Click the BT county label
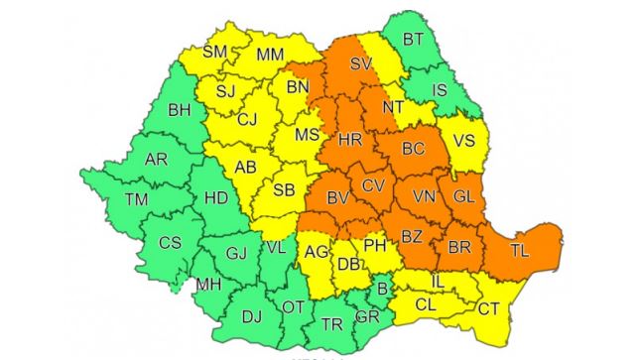[x=414, y=41]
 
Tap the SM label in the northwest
[x=215, y=52]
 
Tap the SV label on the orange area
[x=361, y=62]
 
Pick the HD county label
[x=216, y=198]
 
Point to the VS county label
[x=463, y=141]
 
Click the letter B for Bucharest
[x=382, y=289]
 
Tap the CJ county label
[x=248, y=121]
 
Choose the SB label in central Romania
[x=283, y=189]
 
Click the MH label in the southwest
[x=208, y=284]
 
